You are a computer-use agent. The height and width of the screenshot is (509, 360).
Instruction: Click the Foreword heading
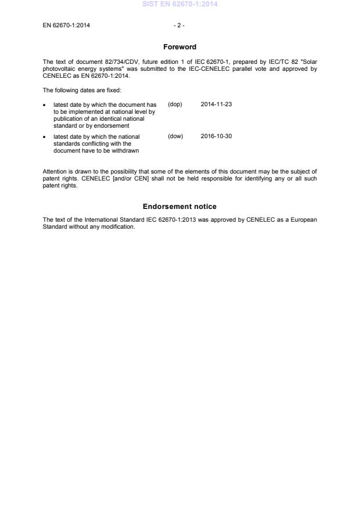point(179,47)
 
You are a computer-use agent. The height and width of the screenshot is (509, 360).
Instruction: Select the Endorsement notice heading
point(179,207)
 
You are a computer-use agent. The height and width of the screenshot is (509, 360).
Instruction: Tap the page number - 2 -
point(179,26)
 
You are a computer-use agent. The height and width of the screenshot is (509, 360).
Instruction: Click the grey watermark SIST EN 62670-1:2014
point(179,5)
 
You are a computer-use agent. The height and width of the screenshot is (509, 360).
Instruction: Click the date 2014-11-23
point(217,104)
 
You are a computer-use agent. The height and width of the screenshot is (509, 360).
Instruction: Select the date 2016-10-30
point(217,136)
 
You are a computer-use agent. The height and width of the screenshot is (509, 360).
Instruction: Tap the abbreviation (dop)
point(175,104)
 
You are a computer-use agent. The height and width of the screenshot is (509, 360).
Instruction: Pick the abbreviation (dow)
point(175,136)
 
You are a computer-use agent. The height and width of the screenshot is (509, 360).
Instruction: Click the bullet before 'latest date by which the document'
point(45,105)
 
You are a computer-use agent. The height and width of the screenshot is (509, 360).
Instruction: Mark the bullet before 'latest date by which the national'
point(45,137)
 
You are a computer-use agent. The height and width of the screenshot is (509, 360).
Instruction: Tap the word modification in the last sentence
point(119,226)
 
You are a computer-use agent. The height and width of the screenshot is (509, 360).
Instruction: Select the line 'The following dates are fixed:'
point(82,90)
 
